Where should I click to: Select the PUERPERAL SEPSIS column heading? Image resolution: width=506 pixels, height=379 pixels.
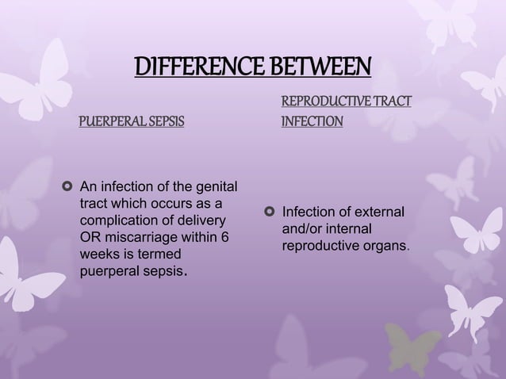(x=130, y=123)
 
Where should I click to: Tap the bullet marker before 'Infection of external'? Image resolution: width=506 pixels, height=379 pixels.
(x=270, y=212)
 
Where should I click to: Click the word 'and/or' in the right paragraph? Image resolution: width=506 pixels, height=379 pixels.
(x=304, y=229)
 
